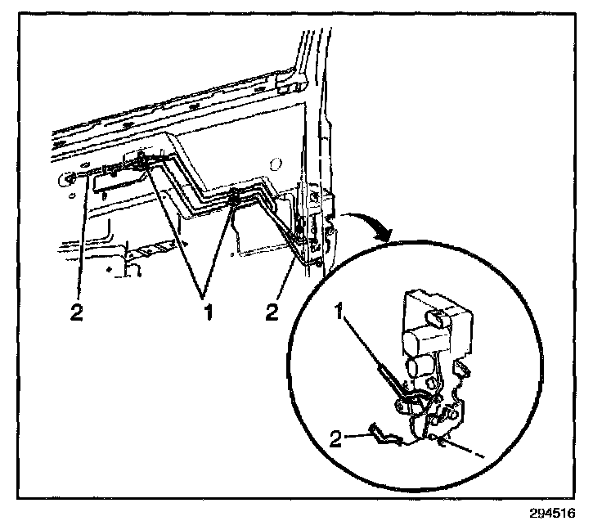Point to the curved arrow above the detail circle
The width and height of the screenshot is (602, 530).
pyautogui.click(x=366, y=223)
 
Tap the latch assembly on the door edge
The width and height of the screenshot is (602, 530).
pyautogui.click(x=315, y=233)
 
